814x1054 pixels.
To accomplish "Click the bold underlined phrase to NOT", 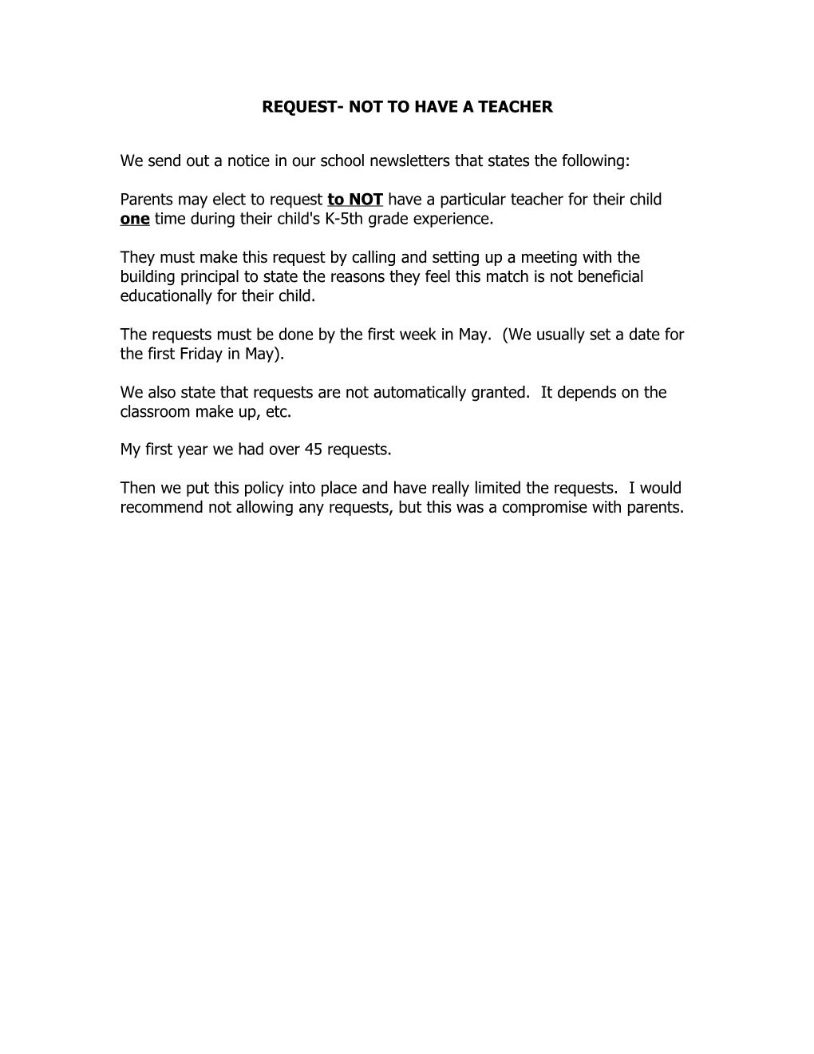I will click(355, 200).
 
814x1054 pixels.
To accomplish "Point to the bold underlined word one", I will click(135, 219).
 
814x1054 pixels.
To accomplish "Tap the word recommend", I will click(162, 508).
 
